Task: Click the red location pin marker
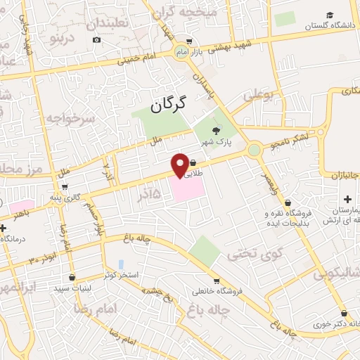[x=181, y=165]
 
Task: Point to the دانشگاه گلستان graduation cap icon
[x=330, y=15]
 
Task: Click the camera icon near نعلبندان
[x=96, y=39]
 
